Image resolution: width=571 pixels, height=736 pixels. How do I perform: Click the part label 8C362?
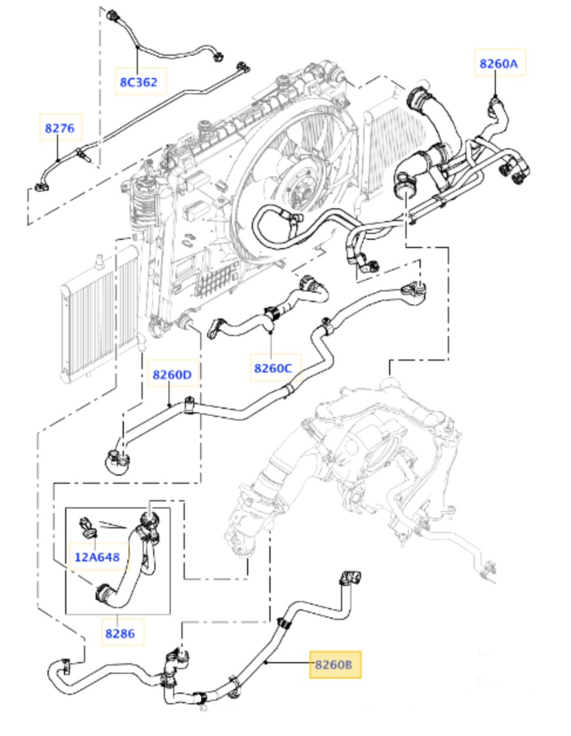139,82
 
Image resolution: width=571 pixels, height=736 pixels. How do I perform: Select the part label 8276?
60,128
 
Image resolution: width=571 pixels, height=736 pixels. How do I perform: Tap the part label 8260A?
499,63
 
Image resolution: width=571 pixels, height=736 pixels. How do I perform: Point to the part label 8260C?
273,368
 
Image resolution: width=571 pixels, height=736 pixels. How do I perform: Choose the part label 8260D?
172,375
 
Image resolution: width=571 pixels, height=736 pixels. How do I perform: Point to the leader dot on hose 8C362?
137,47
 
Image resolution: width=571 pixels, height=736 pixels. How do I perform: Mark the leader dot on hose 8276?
58,161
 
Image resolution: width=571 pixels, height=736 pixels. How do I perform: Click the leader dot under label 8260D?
170,405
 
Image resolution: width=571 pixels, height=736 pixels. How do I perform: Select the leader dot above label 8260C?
271,332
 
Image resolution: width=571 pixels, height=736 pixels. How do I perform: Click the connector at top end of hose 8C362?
112,15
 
